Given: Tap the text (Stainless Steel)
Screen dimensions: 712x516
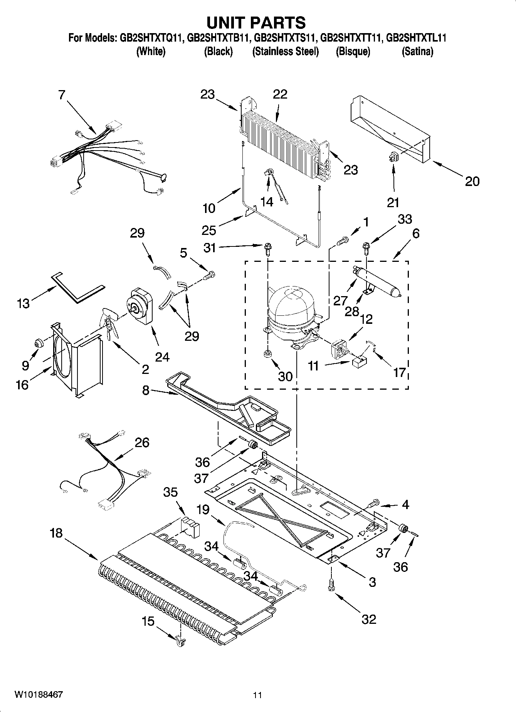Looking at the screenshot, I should pyautogui.click(x=285, y=52).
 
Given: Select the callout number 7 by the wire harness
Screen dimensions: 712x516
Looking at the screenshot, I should pyautogui.click(x=62, y=95).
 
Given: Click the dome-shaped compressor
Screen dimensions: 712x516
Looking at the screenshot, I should pyautogui.click(x=292, y=308).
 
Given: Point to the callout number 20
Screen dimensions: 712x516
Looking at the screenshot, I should pyautogui.click(x=472, y=181).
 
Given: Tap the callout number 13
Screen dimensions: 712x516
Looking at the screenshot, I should pyautogui.click(x=23, y=303).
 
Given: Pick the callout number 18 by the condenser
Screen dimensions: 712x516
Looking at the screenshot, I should pyautogui.click(x=56, y=533).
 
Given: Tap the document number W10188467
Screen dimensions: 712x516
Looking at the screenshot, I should pyautogui.click(x=39, y=695).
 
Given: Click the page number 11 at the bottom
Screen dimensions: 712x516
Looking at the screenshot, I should pyautogui.click(x=257, y=695).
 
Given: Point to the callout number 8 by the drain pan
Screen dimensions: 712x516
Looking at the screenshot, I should pyautogui.click(x=146, y=390).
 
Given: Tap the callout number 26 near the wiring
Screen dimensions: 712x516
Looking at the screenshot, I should pyautogui.click(x=142, y=442).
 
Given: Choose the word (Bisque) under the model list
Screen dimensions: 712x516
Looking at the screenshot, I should pyautogui.click(x=353, y=52).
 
